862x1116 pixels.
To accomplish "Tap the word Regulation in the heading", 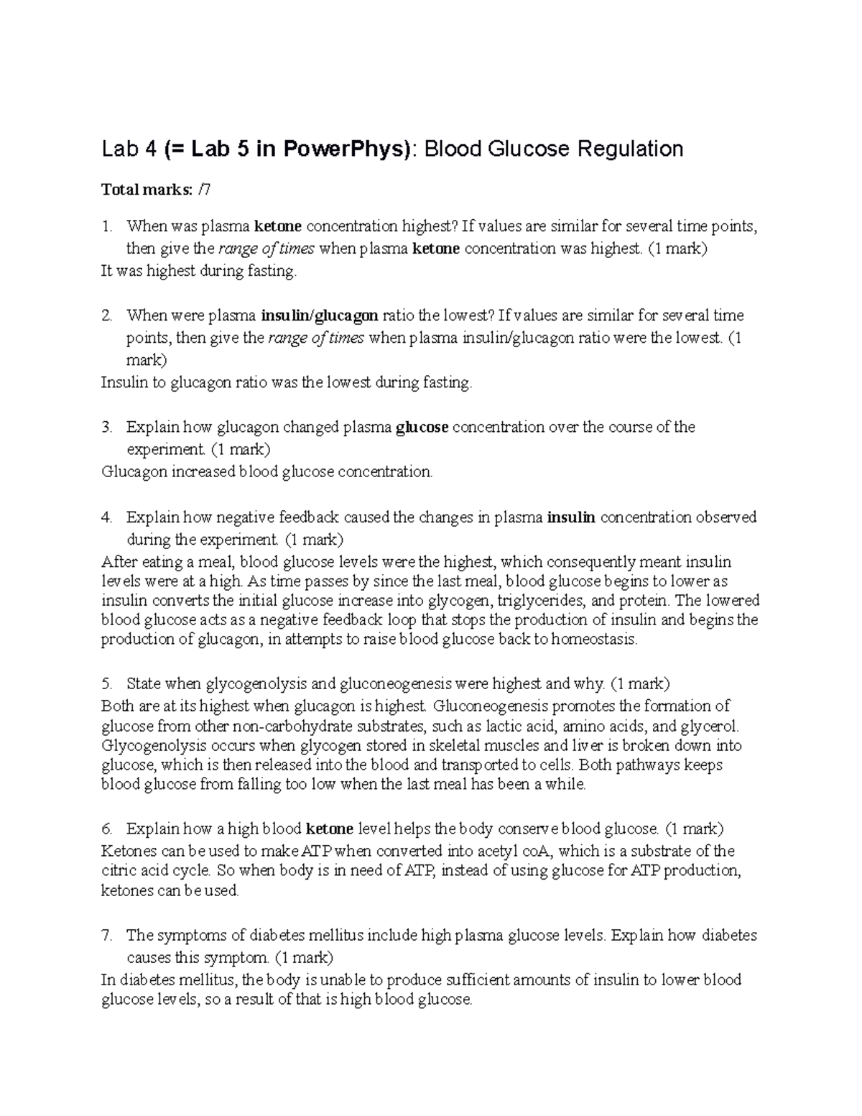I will point(624,149).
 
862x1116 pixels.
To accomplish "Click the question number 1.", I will point(106,227).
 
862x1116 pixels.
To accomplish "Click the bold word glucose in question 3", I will point(422,428).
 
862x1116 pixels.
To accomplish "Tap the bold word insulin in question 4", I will point(571,517).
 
